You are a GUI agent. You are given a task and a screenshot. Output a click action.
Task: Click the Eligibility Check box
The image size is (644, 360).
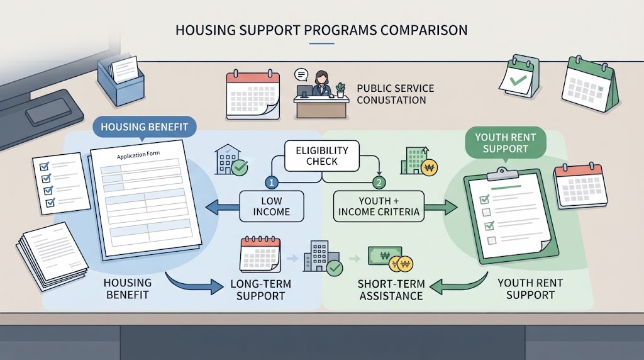321,155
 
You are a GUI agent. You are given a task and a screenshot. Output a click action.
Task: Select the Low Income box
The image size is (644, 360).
271,206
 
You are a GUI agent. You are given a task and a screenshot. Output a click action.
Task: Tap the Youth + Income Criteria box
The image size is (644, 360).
378,206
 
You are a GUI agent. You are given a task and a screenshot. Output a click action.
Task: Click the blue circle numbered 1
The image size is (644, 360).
272,182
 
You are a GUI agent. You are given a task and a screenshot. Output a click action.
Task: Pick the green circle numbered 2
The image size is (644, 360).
379,182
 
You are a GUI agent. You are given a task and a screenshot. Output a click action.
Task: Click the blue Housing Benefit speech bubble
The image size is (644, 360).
144,127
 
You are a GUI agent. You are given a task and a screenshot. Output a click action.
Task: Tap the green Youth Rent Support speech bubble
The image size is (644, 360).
505,143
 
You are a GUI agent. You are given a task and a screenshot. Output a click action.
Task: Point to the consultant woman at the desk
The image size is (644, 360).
321,84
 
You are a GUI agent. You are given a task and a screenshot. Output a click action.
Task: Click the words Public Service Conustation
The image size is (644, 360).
395,94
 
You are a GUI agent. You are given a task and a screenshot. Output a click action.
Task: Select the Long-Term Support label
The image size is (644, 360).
260,290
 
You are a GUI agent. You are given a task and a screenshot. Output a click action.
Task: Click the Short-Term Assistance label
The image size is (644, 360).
391,290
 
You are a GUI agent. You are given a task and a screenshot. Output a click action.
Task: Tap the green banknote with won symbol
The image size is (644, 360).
384,256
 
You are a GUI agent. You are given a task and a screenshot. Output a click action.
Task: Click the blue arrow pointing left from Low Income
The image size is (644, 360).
222,207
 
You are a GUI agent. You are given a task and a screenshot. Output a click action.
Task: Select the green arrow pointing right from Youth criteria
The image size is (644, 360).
441,207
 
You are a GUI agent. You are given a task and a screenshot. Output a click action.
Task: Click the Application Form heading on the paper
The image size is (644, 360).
138,155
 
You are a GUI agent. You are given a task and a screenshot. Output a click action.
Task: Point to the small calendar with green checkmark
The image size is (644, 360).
519,76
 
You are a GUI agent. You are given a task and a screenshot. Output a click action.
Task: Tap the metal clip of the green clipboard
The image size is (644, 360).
502,174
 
